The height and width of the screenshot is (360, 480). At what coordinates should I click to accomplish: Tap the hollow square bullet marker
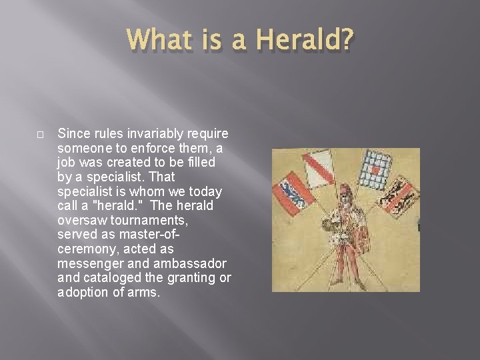click(41, 135)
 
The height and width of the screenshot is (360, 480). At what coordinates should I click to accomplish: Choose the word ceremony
click(85, 248)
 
